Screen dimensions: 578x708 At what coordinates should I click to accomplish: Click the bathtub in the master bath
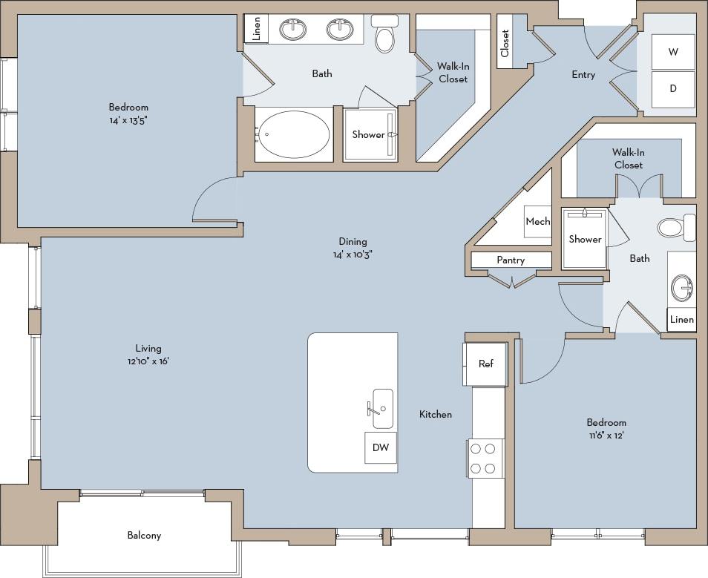click(x=295, y=134)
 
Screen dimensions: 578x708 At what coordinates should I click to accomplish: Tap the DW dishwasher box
click(x=381, y=447)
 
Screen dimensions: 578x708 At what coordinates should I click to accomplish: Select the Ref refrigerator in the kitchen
click(x=485, y=364)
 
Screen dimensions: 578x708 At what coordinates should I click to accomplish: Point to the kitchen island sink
click(x=382, y=407)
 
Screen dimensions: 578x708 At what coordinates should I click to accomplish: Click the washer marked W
click(x=673, y=52)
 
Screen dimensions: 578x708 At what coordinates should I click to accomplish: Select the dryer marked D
click(x=673, y=88)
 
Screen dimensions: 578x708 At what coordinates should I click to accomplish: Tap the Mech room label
click(x=538, y=221)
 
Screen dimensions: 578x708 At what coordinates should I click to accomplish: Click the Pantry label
click(x=511, y=260)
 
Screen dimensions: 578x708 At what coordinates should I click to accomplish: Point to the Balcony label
click(x=144, y=535)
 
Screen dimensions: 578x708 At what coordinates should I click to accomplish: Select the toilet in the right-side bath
click(x=673, y=227)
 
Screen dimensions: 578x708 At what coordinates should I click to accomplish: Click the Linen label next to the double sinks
click(x=257, y=29)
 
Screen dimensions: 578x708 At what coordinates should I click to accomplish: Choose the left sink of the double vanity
click(x=293, y=30)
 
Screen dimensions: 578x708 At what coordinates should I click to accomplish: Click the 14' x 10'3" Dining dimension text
click(x=353, y=254)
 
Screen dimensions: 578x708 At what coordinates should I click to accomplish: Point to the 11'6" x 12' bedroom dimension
click(x=606, y=436)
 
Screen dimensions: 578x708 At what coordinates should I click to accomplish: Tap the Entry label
click(x=583, y=74)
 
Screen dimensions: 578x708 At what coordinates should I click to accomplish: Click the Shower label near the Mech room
click(x=585, y=239)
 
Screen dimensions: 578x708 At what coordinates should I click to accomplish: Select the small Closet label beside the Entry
click(x=505, y=43)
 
